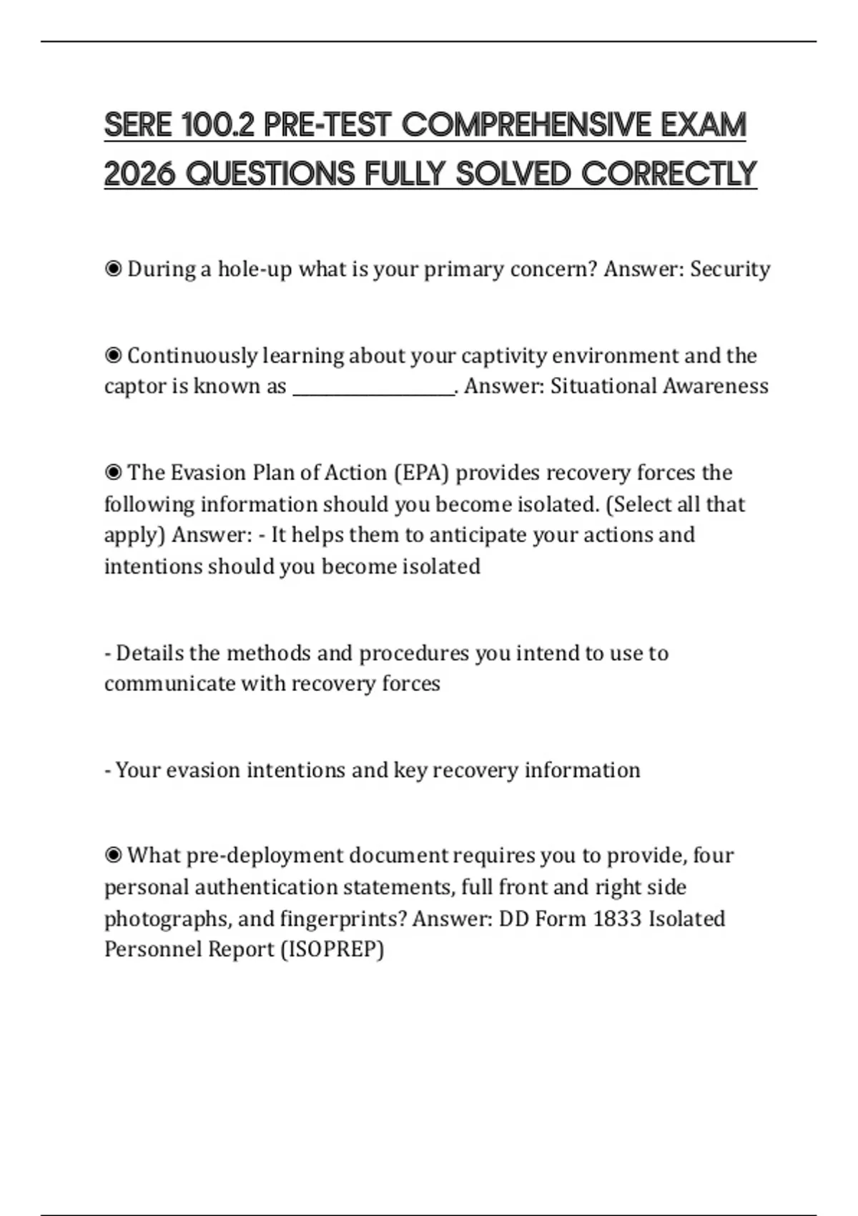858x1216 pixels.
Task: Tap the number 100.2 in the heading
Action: (x=218, y=125)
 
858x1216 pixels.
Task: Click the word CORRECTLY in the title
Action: (x=669, y=174)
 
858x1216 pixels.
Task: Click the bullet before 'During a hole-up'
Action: (x=113, y=269)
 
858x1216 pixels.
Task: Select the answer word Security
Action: (x=730, y=269)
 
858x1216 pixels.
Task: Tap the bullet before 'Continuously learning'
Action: (x=113, y=356)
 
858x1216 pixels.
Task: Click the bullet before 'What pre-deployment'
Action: (x=113, y=855)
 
